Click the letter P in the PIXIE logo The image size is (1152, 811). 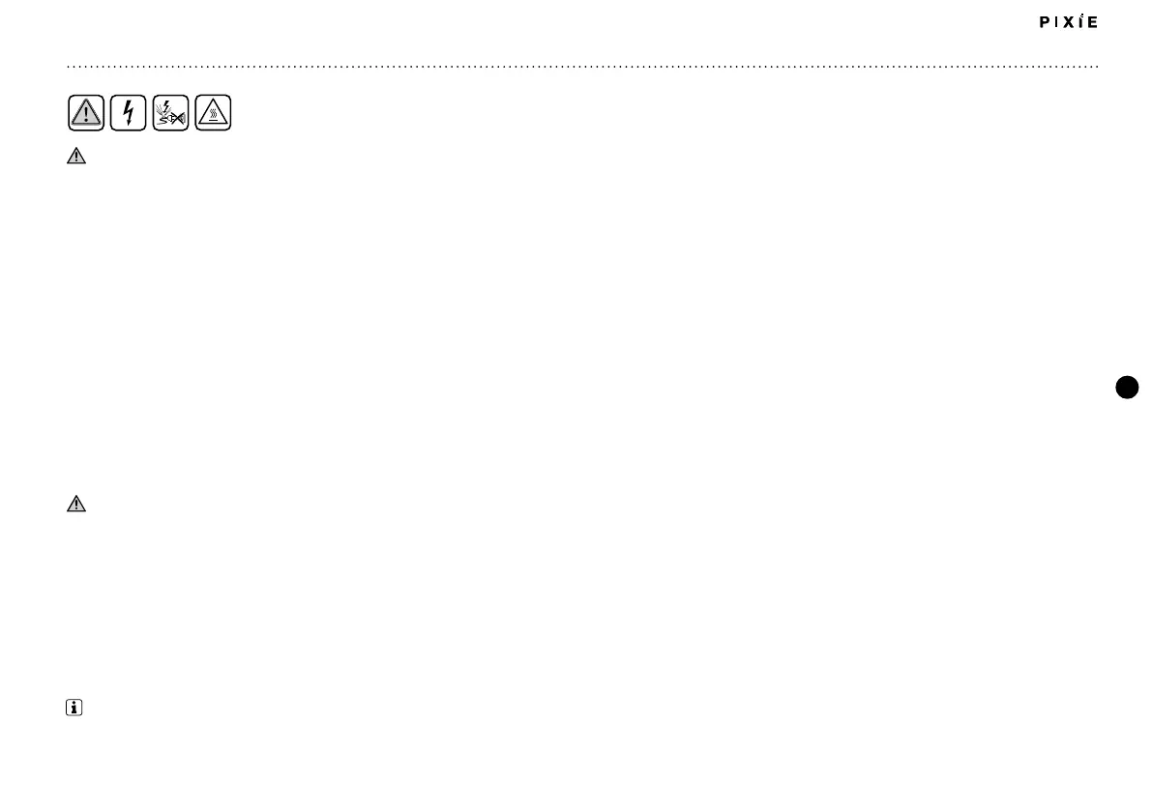(x=1045, y=22)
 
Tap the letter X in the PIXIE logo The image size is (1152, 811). (x=1073, y=22)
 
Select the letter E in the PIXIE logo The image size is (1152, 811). (x=1093, y=22)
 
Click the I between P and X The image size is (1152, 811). (x=1058, y=22)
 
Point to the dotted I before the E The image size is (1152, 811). (x=1083, y=21)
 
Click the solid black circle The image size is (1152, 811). (x=1127, y=388)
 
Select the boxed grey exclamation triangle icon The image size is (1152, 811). (x=86, y=114)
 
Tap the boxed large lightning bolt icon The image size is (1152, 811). (x=128, y=114)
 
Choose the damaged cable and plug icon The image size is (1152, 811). (x=170, y=114)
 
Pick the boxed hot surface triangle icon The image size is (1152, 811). (x=213, y=114)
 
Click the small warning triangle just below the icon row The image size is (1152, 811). (x=76, y=157)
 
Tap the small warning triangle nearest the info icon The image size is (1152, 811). (x=76, y=504)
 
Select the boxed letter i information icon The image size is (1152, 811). (x=74, y=709)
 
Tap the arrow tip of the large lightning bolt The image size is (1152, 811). (x=127, y=126)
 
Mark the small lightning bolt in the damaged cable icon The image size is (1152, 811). (x=165, y=107)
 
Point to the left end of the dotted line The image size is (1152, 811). (x=68, y=67)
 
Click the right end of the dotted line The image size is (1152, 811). (x=1098, y=67)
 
